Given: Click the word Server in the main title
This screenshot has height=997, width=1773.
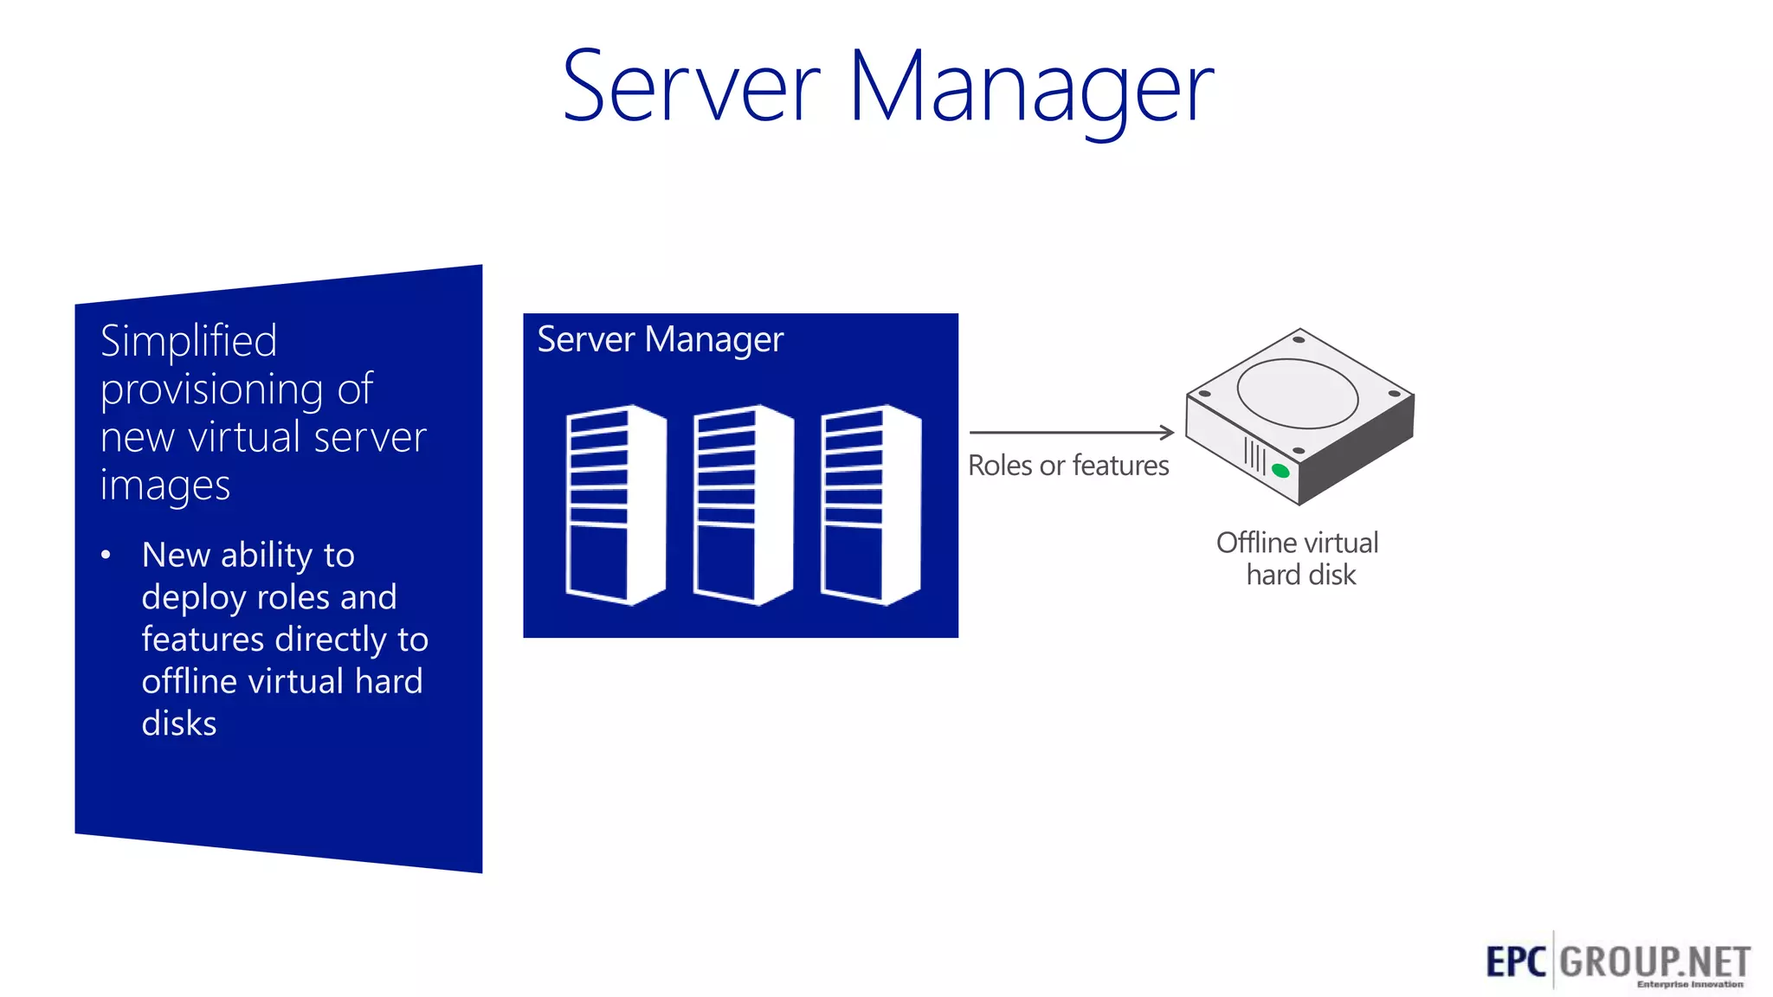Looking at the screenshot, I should point(691,87).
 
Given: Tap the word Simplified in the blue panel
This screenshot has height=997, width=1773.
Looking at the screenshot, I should point(189,341).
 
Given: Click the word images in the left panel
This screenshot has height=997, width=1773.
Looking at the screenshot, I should point(164,486).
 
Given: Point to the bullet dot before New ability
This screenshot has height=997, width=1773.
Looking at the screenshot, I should point(106,555).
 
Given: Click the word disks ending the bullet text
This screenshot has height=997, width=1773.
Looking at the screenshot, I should point(178,724).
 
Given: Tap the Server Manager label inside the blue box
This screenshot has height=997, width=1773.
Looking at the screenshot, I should point(660,339).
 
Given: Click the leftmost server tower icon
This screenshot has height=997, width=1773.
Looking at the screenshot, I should point(616,505).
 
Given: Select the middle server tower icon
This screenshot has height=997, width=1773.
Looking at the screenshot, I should point(743,505).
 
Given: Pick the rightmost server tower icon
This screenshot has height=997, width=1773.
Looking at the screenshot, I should point(870,505).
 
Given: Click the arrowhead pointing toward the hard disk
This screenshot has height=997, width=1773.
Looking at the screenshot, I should point(1167,432).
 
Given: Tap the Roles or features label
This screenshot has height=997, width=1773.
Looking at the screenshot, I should point(1067,466).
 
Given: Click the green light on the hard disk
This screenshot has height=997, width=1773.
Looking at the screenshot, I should point(1280,471).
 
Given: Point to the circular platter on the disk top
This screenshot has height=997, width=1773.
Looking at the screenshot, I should point(1297,392).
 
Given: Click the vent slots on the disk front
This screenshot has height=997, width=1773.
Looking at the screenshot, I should point(1254,454).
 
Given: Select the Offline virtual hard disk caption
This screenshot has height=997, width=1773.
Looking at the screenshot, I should point(1298,558).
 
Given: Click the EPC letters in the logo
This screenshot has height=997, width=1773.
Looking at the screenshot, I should point(1515,962).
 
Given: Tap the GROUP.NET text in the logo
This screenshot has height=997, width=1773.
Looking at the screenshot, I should point(1654,962).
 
